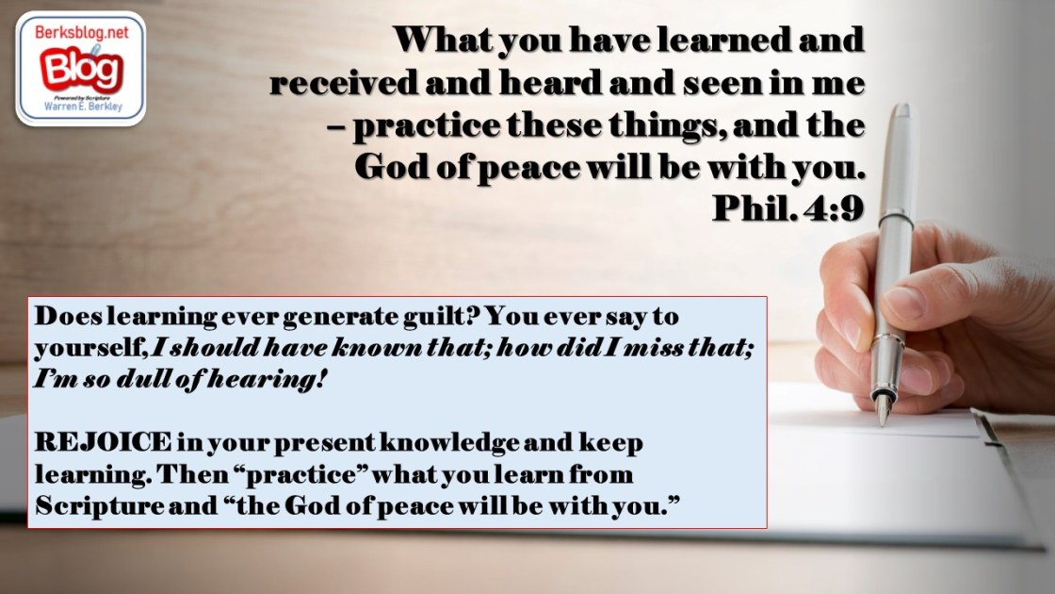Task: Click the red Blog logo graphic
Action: click(81, 70)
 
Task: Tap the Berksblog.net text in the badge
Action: click(81, 32)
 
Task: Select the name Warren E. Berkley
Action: click(83, 107)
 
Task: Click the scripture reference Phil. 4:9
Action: click(787, 207)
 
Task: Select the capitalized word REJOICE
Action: click(103, 442)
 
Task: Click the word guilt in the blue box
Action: click(441, 316)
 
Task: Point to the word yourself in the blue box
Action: click(90, 348)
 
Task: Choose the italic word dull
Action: click(145, 378)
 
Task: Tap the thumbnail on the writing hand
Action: click(903, 302)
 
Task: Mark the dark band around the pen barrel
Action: click(896, 219)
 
